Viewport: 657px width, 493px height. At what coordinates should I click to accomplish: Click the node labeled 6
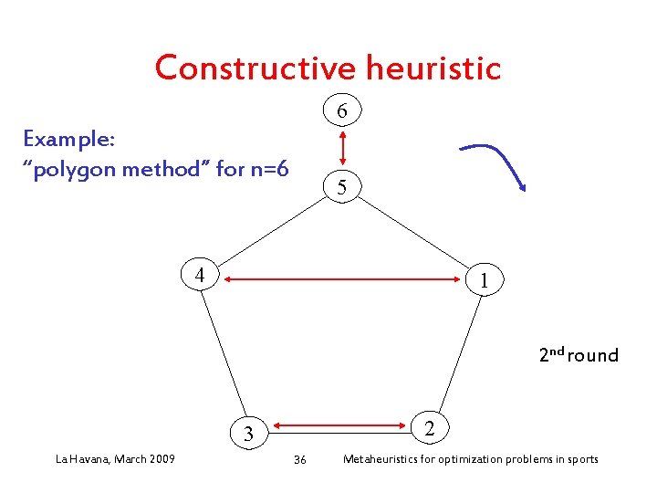click(341, 111)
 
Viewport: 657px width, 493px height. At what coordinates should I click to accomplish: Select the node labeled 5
click(341, 187)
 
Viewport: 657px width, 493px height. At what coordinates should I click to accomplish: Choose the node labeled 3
click(246, 434)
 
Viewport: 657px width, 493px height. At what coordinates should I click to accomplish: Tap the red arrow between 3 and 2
click(338, 425)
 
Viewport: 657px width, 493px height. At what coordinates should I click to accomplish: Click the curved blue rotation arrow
click(497, 161)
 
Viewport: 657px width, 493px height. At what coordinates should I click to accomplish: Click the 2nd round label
click(578, 355)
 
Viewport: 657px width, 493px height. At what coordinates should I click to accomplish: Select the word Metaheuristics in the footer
click(384, 458)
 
